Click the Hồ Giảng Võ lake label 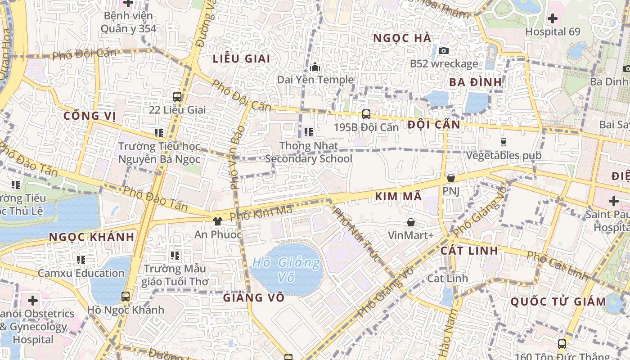(x=286, y=270)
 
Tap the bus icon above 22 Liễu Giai (x=177, y=96)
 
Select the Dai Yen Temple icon (x=315, y=67)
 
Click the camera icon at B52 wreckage (x=444, y=50)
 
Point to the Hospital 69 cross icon (x=552, y=19)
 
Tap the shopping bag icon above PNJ (x=450, y=178)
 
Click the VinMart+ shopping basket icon (x=411, y=222)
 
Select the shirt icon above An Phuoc (x=218, y=221)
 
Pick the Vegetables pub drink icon (x=504, y=142)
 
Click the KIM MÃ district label (x=398, y=196)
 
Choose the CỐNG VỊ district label (x=90, y=116)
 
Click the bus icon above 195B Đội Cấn (x=366, y=114)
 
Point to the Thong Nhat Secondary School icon (x=309, y=132)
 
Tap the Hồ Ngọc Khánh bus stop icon (x=126, y=297)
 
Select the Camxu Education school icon (x=81, y=260)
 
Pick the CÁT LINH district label (x=469, y=251)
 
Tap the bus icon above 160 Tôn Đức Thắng (x=562, y=344)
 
